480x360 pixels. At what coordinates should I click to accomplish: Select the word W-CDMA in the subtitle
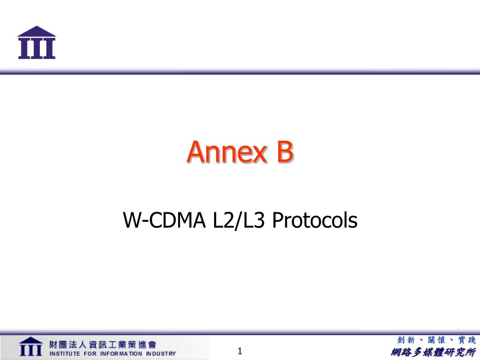tap(165, 220)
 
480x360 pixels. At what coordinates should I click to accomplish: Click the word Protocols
tap(315, 220)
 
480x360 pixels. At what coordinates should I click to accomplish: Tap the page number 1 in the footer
tap(240, 351)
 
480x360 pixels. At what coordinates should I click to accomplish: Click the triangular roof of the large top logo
tap(37, 31)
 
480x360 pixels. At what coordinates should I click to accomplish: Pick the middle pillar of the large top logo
tap(37, 48)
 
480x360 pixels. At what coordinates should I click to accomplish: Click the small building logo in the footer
tap(30, 346)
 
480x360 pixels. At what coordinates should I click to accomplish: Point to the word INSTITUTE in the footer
tap(65, 353)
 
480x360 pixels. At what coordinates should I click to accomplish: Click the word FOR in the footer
tap(90, 353)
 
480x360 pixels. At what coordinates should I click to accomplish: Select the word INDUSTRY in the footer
tap(161, 353)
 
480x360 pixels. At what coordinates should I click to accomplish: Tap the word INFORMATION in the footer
tap(121, 353)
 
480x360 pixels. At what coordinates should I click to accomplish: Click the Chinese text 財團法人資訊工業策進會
tap(103, 345)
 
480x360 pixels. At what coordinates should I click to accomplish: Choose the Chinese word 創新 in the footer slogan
tap(406, 340)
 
